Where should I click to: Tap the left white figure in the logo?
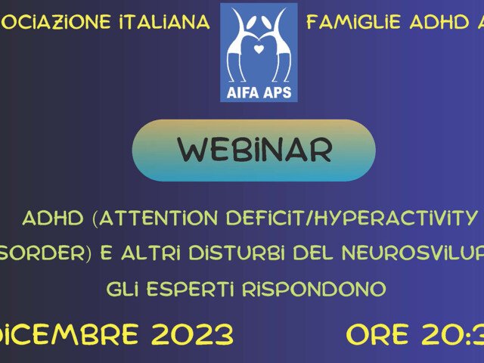(243, 45)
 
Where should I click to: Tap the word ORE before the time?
(383, 334)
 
